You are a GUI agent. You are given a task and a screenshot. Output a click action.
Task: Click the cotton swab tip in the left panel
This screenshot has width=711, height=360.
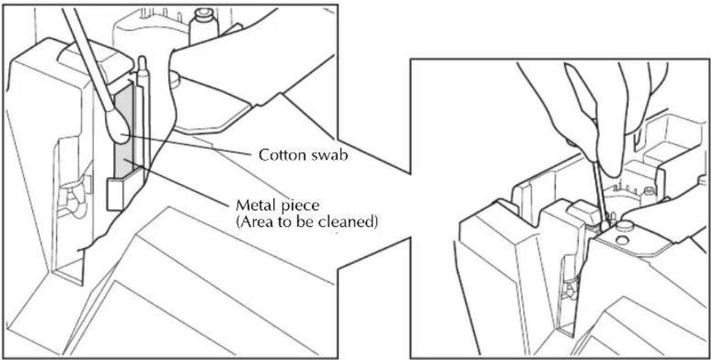coord(118,126)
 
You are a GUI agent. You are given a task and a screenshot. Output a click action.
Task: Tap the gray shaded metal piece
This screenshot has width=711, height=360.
coord(125,132)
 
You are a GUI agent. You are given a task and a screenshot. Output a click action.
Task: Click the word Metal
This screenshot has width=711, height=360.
coord(253,206)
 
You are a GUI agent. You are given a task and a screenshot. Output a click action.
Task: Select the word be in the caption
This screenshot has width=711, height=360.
coord(313,223)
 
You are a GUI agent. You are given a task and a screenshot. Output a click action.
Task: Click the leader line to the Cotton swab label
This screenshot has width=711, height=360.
coord(189,145)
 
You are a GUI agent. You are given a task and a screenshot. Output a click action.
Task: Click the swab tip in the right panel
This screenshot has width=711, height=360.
coord(605,224)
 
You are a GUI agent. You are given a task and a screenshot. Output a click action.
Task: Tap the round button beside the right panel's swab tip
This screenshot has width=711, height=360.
coord(625,226)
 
